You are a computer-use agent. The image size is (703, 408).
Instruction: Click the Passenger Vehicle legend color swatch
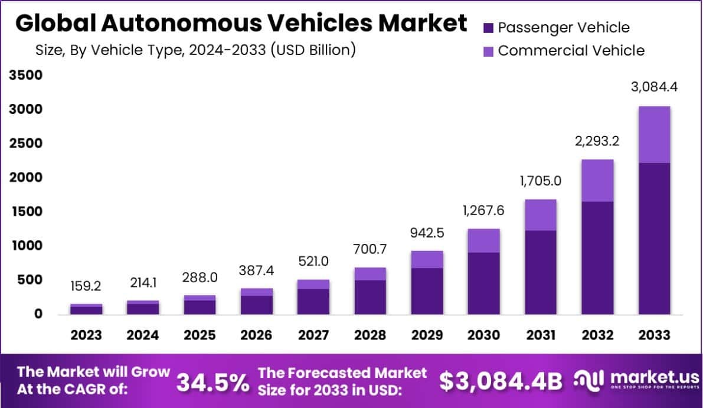coord(488,28)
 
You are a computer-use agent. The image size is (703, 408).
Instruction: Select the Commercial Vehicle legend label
coord(571,51)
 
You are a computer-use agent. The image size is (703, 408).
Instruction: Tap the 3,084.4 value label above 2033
coord(653,87)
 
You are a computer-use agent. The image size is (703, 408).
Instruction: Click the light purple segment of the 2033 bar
coord(653,135)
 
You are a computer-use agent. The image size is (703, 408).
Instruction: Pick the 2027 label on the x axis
coord(313,335)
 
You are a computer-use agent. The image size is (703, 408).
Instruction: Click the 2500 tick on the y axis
coord(25,143)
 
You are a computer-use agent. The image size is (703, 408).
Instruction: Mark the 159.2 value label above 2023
coord(86,286)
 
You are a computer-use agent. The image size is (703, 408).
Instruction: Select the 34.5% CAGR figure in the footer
coord(213,383)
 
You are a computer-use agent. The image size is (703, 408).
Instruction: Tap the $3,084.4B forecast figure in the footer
coord(501,382)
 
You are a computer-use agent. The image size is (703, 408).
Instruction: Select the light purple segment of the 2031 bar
coord(540,215)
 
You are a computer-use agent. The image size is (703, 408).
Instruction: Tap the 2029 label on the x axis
coord(427,335)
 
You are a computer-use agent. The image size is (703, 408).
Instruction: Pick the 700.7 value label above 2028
coord(370,250)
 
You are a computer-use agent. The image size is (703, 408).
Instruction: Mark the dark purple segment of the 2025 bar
coord(200,307)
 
